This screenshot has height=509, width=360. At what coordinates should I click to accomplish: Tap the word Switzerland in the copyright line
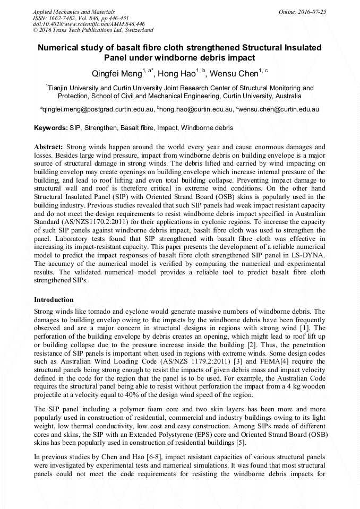(136, 30)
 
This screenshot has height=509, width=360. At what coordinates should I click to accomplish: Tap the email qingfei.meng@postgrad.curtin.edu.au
(98, 109)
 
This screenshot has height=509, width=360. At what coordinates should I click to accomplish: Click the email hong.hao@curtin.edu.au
(196, 109)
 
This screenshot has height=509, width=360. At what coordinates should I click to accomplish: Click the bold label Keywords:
(50, 128)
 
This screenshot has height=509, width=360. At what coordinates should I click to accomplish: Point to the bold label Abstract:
(49, 146)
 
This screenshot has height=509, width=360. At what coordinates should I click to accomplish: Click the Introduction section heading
(54, 300)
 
